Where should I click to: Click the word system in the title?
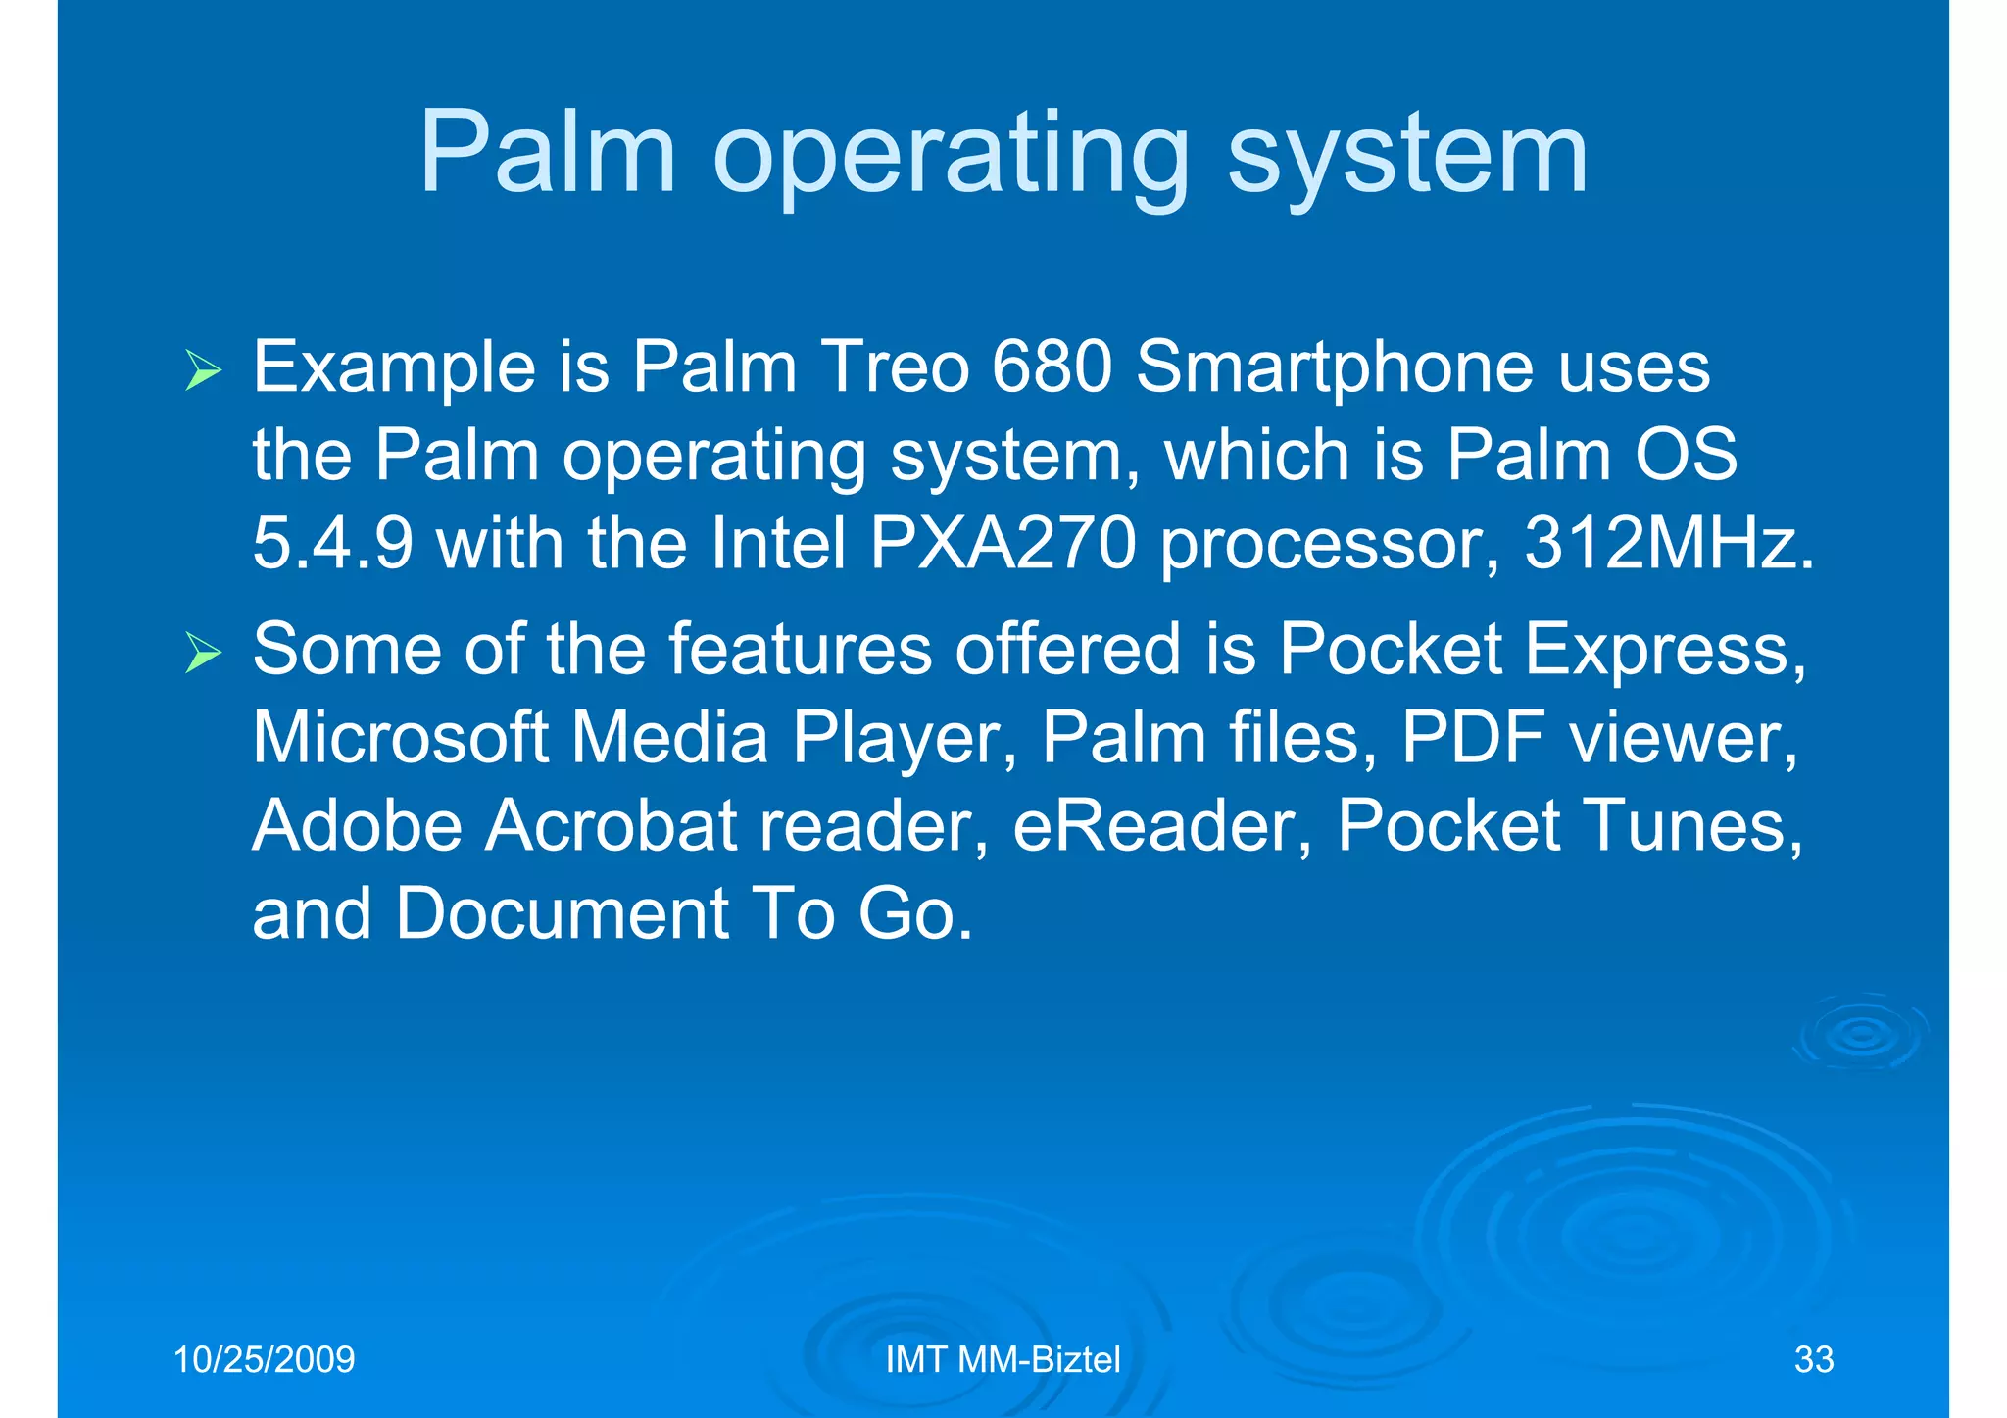click(x=1407, y=157)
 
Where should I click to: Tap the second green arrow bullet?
click(x=203, y=654)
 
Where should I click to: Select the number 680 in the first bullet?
click(x=1051, y=367)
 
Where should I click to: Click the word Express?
click(x=1665, y=651)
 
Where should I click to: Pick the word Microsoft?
click(x=400, y=737)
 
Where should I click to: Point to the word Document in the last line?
click(x=561, y=913)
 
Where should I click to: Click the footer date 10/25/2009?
click(x=264, y=1360)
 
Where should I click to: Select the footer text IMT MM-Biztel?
click(x=1003, y=1360)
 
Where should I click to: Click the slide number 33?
click(x=1813, y=1360)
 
